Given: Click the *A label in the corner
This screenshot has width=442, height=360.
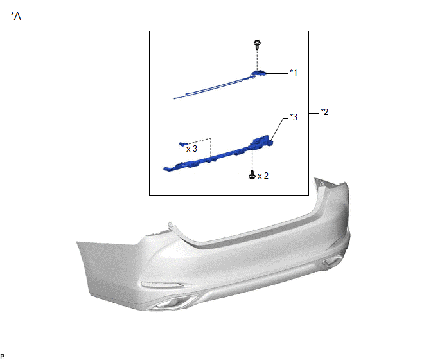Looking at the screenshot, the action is pyautogui.click(x=16, y=16).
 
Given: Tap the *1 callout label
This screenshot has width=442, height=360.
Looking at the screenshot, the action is pyautogui.click(x=294, y=73).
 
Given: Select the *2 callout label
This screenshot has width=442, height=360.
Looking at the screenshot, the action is pyautogui.click(x=324, y=112).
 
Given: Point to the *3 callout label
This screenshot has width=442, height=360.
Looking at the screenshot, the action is pyautogui.click(x=294, y=117).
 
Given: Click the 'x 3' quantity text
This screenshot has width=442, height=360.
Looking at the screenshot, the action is pyautogui.click(x=191, y=148).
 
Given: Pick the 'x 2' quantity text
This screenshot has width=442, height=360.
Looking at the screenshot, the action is pyautogui.click(x=263, y=175).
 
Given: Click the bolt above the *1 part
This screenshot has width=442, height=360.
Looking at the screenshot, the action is pyautogui.click(x=257, y=45).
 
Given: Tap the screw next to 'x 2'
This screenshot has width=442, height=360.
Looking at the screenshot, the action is pyautogui.click(x=252, y=175).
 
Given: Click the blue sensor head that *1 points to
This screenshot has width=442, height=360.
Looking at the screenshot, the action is pyautogui.click(x=258, y=73).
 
